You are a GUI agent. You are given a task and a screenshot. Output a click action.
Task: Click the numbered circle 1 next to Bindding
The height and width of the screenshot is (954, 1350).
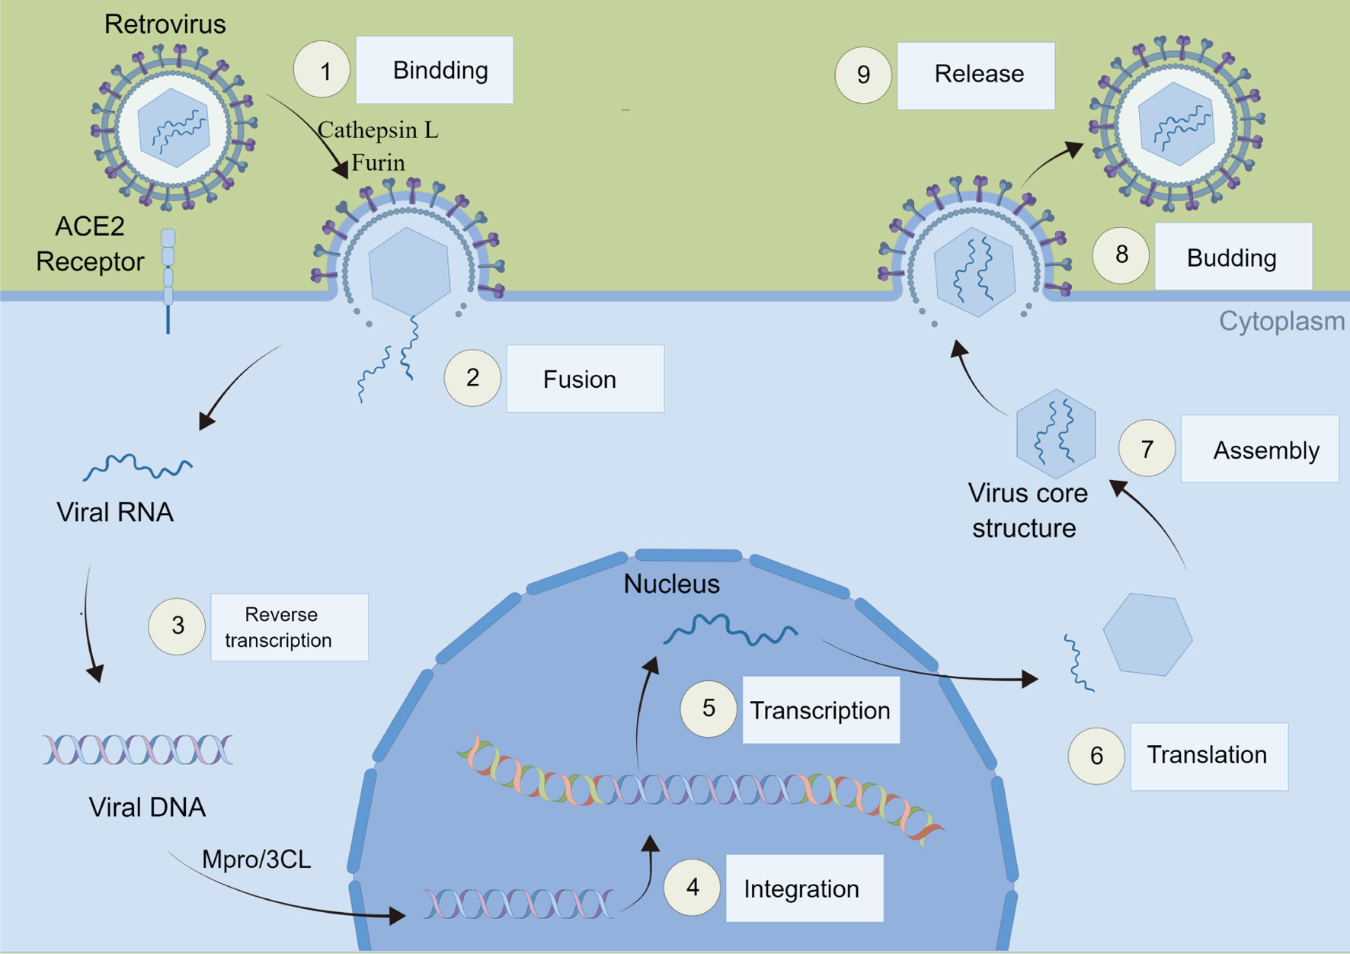pyautogui.click(x=322, y=70)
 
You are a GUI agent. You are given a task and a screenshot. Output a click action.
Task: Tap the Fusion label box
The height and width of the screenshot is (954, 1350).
pyautogui.click(x=585, y=379)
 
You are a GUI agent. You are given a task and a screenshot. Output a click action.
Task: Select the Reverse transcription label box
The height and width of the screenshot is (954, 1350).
pyautogui.click(x=290, y=627)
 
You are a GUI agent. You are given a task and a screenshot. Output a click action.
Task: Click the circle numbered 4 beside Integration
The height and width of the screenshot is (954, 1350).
pyautogui.click(x=692, y=888)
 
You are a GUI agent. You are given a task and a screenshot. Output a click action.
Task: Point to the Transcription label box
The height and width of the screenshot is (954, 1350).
pyautogui.click(x=821, y=710)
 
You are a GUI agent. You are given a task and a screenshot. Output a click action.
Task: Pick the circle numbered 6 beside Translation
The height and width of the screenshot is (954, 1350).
pyautogui.click(x=1096, y=756)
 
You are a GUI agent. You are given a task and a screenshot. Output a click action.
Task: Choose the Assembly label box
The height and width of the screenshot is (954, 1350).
pyautogui.click(x=1259, y=450)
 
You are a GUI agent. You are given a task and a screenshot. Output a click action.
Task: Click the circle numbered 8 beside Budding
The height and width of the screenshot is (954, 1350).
pyautogui.click(x=1121, y=256)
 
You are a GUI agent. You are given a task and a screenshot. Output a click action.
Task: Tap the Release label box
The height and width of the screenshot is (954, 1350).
pyautogui.click(x=976, y=75)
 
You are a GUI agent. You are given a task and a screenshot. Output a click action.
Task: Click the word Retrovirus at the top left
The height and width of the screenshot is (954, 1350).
pyautogui.click(x=165, y=24)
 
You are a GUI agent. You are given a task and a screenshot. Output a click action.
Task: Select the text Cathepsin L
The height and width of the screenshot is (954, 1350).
pyautogui.click(x=378, y=130)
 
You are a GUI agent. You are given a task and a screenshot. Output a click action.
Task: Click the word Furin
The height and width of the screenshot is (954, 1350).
pyautogui.click(x=378, y=163)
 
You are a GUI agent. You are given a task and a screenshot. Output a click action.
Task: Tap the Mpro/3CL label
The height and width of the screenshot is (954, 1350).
pyautogui.click(x=256, y=860)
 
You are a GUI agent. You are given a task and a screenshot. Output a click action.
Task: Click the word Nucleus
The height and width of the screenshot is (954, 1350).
pyautogui.click(x=671, y=584)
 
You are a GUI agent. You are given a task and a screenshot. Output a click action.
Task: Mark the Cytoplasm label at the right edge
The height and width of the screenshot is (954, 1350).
pyautogui.click(x=1281, y=322)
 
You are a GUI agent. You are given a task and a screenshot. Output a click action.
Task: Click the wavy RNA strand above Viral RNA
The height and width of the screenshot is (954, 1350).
pyautogui.click(x=138, y=466)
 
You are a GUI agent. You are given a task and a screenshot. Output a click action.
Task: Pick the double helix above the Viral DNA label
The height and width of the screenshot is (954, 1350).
pyautogui.click(x=138, y=750)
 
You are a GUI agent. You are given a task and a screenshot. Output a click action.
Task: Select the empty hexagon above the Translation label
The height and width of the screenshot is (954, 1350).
pyautogui.click(x=1147, y=634)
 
